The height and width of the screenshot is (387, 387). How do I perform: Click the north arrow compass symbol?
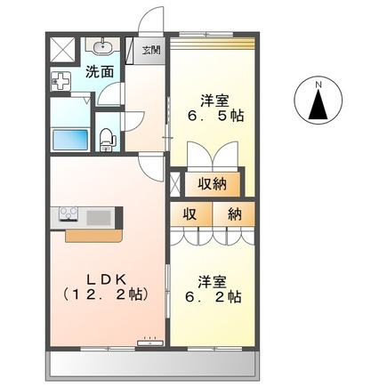coord(318,105)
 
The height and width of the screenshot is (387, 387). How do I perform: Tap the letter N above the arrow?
coord(318,85)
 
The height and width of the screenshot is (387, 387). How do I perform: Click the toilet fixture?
coord(107,137)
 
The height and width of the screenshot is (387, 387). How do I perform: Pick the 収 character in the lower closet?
coord(190,214)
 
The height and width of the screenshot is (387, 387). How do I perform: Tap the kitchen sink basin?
coord(101,216)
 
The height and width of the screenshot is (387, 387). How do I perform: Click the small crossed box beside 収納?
coord(175,184)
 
